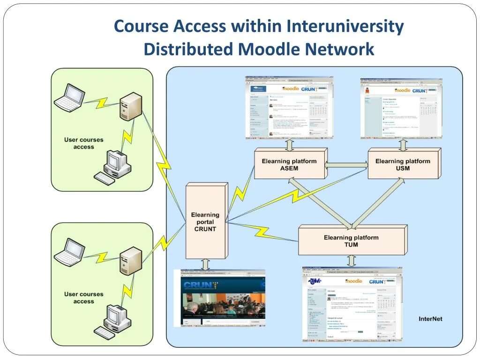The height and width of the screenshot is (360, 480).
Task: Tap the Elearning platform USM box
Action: tap(403, 165)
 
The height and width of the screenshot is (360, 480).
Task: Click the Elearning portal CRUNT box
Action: tap(205, 222)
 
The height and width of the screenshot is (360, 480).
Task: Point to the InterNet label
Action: tap(430, 319)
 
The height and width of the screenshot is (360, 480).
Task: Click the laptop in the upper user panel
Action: tap(70, 97)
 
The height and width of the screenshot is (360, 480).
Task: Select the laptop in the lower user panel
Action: tap(70, 251)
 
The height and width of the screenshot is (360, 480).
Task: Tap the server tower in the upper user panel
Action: tap(130, 107)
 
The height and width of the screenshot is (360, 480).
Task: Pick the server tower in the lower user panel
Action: tap(130, 261)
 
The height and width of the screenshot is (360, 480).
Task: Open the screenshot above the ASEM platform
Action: tap(290, 108)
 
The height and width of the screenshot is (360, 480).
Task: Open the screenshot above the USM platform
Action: tap(401, 108)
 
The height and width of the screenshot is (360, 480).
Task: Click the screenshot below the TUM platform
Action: tap(352, 304)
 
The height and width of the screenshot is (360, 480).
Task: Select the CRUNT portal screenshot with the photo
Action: tap(219, 298)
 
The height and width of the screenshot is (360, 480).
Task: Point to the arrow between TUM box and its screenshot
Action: tap(352, 261)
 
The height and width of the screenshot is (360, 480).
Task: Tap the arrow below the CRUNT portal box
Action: tap(205, 264)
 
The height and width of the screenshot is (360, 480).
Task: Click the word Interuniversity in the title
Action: tap(345, 26)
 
